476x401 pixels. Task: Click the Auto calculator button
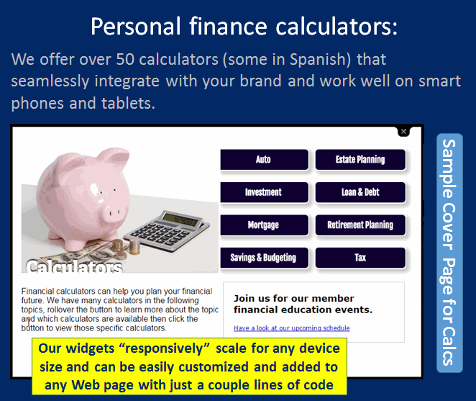(x=264, y=160)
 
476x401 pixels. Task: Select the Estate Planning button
(x=360, y=160)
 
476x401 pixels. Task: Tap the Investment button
(x=264, y=192)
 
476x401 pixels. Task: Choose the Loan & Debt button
(x=360, y=192)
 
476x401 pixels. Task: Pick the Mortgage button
(x=264, y=225)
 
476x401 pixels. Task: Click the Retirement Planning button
(x=360, y=225)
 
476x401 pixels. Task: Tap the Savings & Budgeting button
(x=264, y=258)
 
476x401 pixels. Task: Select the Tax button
(x=360, y=258)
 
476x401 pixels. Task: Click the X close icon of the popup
(x=403, y=131)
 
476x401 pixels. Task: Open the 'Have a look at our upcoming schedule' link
(x=291, y=328)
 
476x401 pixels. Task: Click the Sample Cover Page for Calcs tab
(x=449, y=253)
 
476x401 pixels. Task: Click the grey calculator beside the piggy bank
(x=167, y=230)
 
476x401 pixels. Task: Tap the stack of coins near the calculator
(x=127, y=247)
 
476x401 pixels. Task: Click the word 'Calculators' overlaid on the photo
(x=74, y=267)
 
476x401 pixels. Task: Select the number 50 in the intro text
(x=125, y=59)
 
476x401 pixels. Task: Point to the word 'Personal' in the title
(x=136, y=27)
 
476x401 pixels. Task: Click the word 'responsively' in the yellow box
(x=164, y=348)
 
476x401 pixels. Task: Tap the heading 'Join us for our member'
(x=294, y=298)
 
